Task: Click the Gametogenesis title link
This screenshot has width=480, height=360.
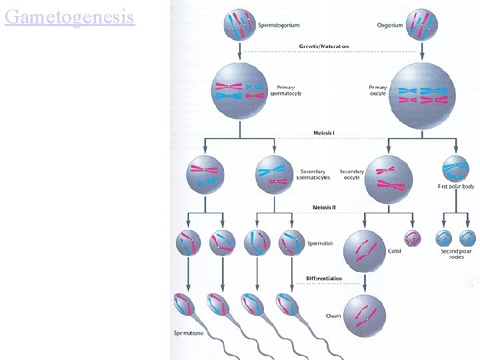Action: (x=69, y=16)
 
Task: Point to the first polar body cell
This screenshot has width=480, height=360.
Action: (x=456, y=169)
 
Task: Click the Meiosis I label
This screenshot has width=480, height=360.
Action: (x=324, y=133)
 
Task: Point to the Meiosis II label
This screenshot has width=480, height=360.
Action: (x=325, y=207)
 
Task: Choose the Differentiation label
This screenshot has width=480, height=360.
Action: (x=325, y=278)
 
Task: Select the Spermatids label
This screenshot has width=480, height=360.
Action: (x=320, y=243)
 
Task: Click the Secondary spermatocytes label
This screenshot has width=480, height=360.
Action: (x=314, y=175)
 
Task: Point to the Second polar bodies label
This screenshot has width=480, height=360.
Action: (x=456, y=254)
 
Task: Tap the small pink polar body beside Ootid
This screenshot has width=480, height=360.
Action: (x=413, y=238)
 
